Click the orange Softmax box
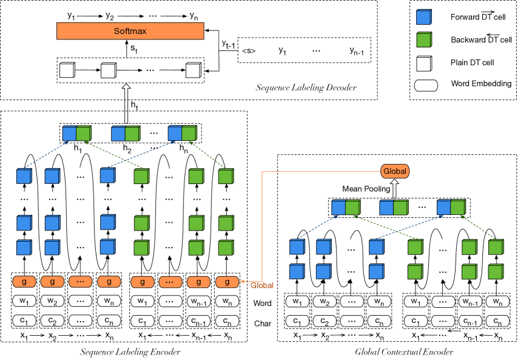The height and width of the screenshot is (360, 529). tap(131, 30)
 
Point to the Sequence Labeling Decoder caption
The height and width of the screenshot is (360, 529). tap(306, 88)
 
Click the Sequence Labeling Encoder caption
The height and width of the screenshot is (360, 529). tap(131, 352)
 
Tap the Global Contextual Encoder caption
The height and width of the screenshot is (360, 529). tap(405, 352)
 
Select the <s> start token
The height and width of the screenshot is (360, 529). tap(248, 51)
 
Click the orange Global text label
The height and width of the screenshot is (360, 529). tap(261, 285)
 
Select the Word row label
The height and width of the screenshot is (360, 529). tap(262, 302)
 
